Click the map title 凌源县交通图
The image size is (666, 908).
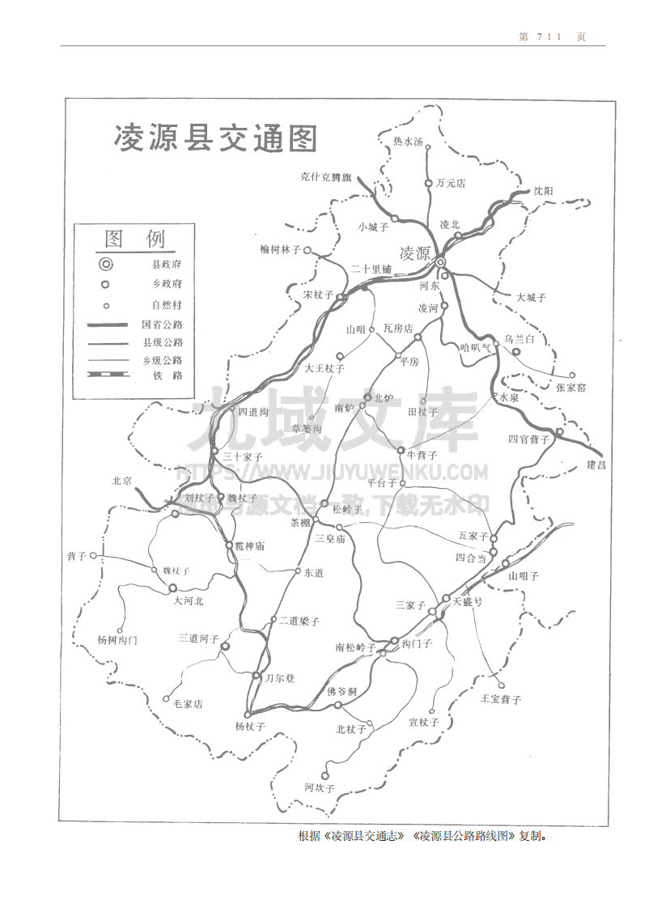[x=216, y=138]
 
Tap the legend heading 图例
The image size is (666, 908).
[x=134, y=239]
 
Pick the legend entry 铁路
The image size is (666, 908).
[x=167, y=376]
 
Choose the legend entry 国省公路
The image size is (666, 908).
[x=162, y=325]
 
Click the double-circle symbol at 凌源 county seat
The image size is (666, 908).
[x=440, y=262]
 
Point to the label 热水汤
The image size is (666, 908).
[x=408, y=142]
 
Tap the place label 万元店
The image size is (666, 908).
[x=451, y=183]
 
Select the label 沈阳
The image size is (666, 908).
[x=543, y=191]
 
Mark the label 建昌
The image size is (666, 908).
[x=597, y=465]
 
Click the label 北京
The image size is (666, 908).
[x=122, y=480]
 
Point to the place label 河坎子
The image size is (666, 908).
[x=320, y=787]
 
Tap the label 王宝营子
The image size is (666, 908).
[x=500, y=698]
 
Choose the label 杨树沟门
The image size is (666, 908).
[x=117, y=639]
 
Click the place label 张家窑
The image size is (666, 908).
[x=571, y=388]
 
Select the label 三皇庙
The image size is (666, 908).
[x=330, y=538]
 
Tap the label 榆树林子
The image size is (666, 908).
[x=280, y=249]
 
